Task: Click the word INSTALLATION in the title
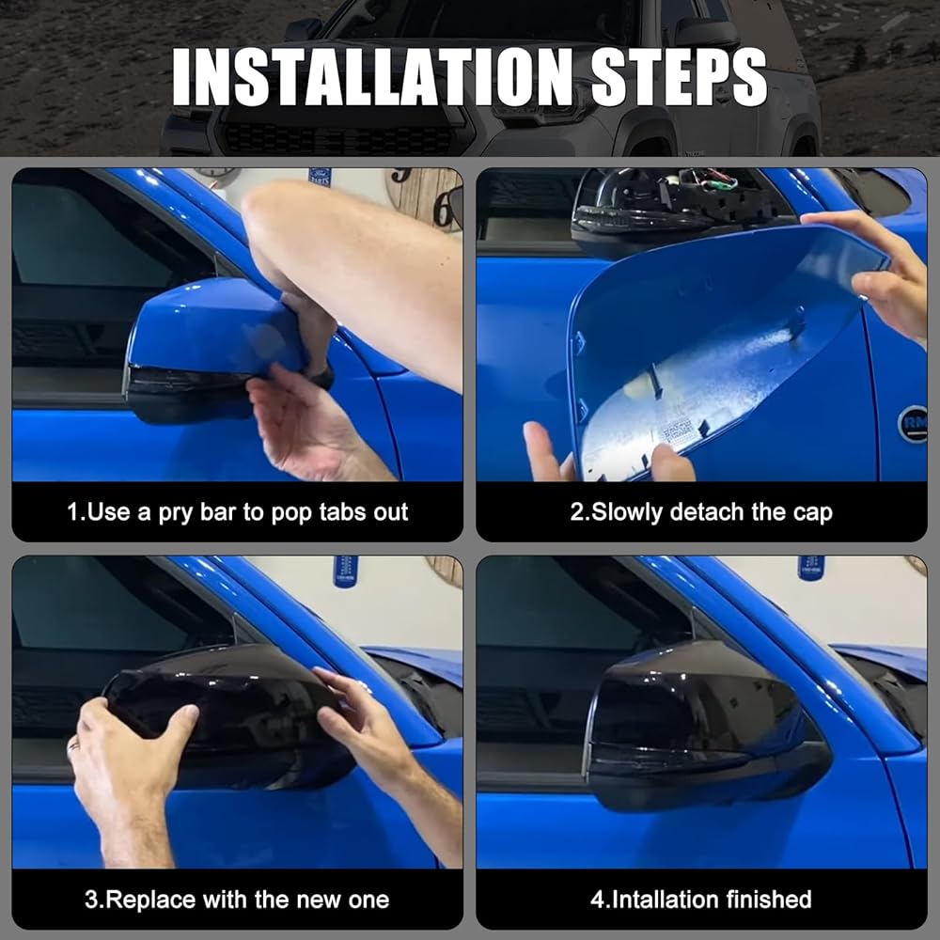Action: (373, 77)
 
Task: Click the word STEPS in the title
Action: (680, 77)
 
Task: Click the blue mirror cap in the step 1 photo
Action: (216, 327)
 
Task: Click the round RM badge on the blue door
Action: (913, 424)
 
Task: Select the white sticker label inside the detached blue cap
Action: (676, 431)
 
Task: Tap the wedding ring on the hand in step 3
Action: (72, 746)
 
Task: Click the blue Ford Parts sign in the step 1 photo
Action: (320, 176)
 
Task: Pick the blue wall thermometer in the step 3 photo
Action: (345, 572)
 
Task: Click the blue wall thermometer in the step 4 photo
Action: (810, 568)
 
